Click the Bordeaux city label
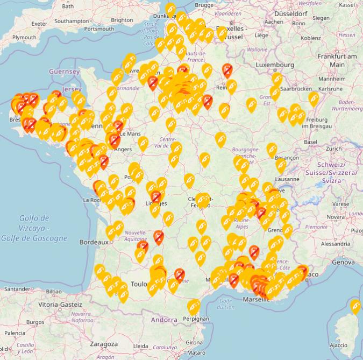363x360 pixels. point(94,242)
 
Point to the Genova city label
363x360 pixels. point(343,262)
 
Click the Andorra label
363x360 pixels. point(164,320)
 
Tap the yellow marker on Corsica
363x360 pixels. point(355,306)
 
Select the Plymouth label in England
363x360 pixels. point(24,37)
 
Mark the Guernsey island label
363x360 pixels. point(64,71)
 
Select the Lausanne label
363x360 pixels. point(287,179)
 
